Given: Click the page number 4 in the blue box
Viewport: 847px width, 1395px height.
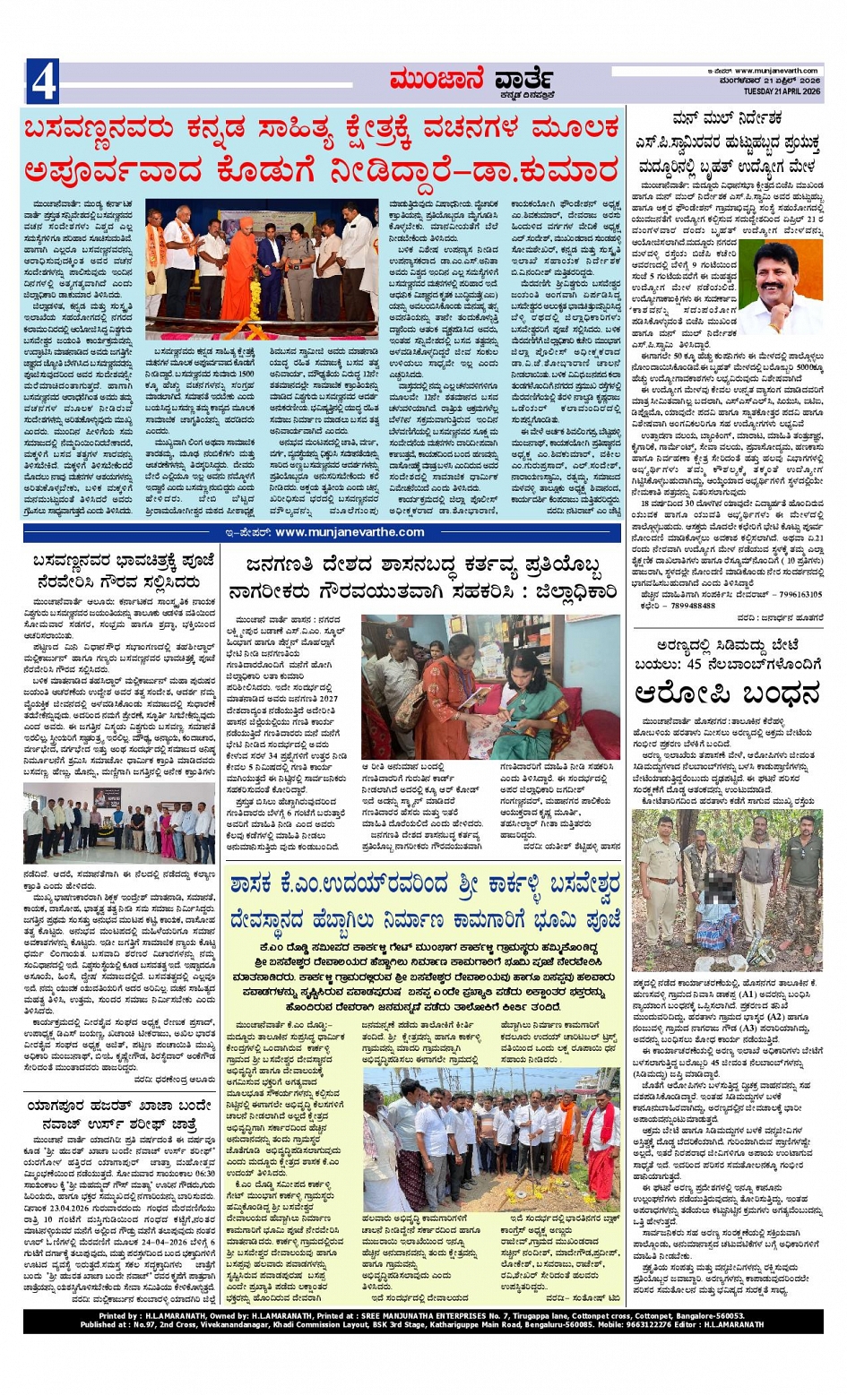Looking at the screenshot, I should [43, 82].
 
